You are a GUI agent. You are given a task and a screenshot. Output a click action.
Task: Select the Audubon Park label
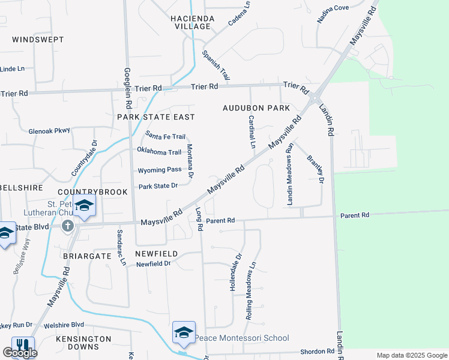[256, 108]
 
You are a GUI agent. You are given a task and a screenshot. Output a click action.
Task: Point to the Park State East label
[156, 116]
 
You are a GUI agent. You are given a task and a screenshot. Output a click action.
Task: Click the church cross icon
[68, 226]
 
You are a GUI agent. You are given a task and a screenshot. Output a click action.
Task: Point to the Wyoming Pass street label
[159, 170]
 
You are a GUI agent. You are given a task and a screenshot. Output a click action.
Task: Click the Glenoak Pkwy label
[49, 130]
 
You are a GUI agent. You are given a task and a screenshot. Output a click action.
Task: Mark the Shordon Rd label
[318, 351]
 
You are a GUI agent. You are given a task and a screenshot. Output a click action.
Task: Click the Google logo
[20, 353]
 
